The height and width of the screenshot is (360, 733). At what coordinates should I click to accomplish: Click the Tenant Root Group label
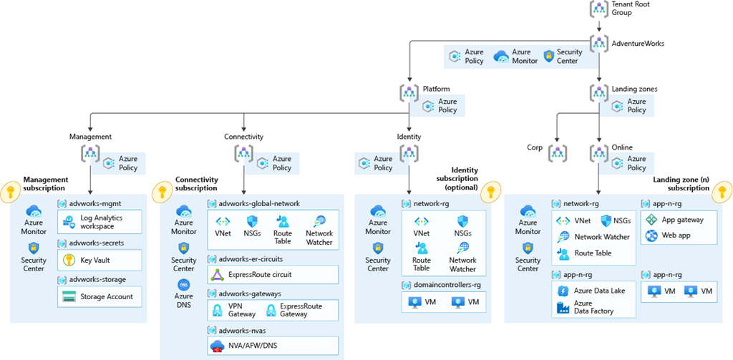(x=631, y=9)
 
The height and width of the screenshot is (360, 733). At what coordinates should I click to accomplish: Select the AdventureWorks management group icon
(x=599, y=44)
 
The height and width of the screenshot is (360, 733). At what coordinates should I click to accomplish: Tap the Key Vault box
(x=100, y=260)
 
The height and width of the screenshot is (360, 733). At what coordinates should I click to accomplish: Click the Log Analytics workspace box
(x=100, y=222)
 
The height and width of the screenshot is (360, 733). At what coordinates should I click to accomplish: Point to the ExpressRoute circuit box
(x=273, y=274)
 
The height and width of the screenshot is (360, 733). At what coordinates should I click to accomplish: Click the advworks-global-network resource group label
(x=259, y=204)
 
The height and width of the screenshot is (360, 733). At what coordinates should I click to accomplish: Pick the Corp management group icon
(x=558, y=152)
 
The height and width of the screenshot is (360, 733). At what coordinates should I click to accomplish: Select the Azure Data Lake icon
(x=562, y=291)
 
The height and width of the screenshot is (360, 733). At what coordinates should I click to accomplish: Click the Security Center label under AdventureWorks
(x=570, y=57)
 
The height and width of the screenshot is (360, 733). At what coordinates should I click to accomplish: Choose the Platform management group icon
(x=409, y=91)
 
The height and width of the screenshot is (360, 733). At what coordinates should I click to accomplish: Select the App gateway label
(x=682, y=220)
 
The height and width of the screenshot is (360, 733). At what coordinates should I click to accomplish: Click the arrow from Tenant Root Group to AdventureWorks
(x=599, y=26)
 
